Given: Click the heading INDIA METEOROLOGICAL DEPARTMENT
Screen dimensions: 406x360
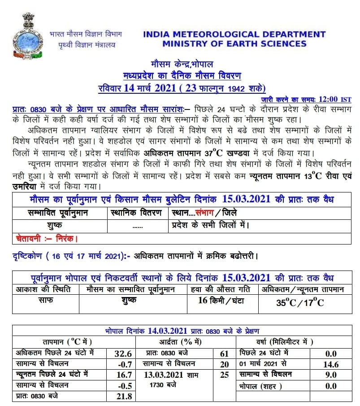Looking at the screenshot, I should coord(234,34).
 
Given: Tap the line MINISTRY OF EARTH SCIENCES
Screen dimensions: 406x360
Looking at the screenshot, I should coord(234,44).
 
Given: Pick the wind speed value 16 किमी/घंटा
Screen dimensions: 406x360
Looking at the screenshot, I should coord(221,301).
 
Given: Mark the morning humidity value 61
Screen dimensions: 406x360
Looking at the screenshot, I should coord(224,354).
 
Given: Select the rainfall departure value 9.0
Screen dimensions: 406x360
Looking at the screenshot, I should coord(331,375).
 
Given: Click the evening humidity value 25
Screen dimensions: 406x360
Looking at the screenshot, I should coord(224,375).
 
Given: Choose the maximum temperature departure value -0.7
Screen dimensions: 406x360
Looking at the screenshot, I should coord(123,364).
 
